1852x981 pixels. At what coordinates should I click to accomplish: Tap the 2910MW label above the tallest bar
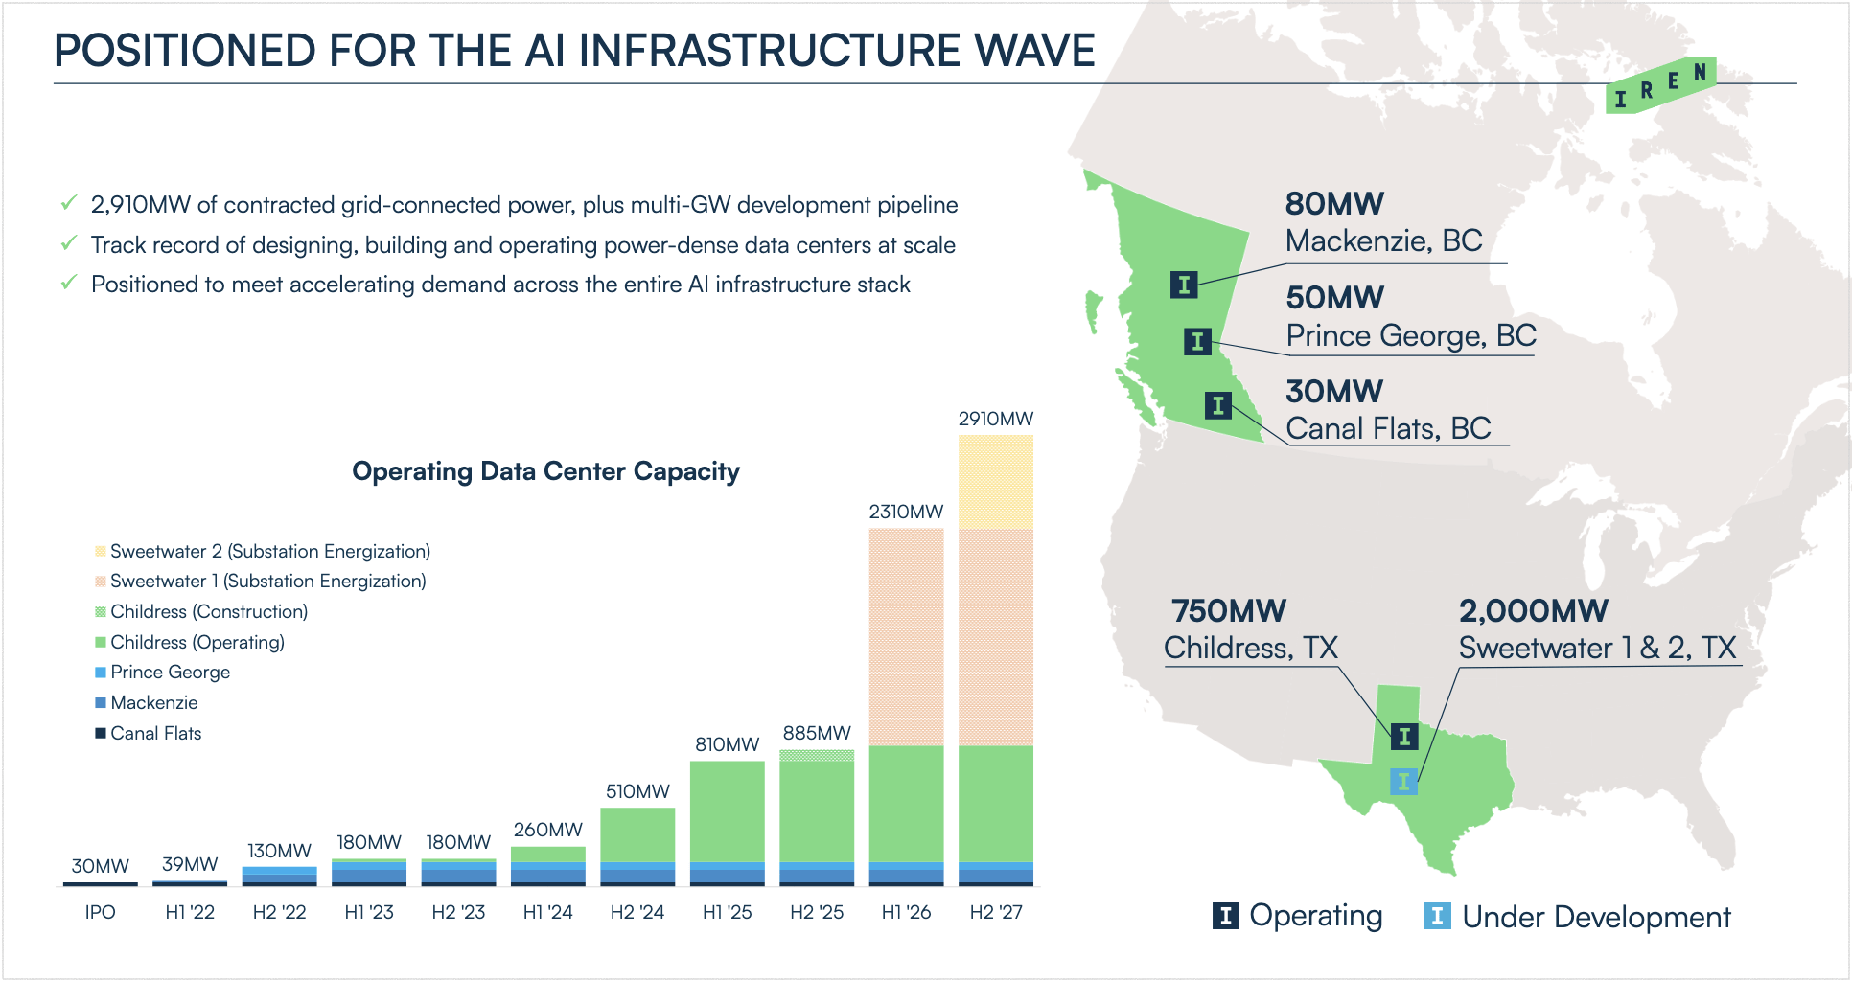[995, 419]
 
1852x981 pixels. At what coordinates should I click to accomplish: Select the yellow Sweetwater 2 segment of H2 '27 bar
[995, 481]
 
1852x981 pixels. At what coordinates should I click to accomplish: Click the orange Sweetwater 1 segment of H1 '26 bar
[906, 637]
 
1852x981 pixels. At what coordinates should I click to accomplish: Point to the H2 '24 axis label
[637, 912]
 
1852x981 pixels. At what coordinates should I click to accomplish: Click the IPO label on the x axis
[100, 912]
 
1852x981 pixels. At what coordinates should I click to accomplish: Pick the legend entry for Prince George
[170, 673]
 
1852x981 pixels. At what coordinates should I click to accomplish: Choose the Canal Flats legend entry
[155, 734]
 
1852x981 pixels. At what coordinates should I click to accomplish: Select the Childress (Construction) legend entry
[208, 612]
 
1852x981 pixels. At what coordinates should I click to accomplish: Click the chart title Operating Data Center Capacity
[545, 471]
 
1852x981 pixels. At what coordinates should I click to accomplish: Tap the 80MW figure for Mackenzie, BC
[1334, 204]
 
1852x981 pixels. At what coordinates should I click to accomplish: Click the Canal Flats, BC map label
[1388, 428]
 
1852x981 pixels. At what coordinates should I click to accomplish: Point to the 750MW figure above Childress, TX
[1228, 611]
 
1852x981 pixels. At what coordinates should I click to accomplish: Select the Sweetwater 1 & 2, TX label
[1597, 649]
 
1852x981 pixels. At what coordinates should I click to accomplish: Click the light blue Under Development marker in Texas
[1403, 781]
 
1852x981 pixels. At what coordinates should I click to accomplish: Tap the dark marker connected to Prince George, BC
[1197, 341]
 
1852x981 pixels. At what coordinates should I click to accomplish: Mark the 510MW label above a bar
[637, 791]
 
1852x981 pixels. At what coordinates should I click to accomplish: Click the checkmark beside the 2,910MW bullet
[69, 203]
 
